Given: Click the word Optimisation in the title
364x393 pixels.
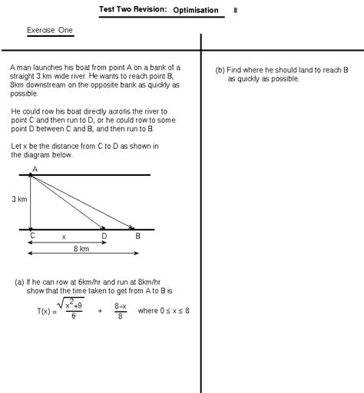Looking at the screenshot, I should tap(195, 11).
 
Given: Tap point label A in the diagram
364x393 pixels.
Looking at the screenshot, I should tap(34, 169).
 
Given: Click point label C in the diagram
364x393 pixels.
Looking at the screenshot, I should tap(32, 236).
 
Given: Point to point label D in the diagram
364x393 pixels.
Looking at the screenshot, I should tap(104, 236).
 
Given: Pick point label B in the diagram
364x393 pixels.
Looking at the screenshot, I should tap(137, 236).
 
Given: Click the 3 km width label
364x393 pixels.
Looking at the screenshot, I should tap(20, 199).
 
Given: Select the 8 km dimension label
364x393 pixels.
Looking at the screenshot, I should tap(81, 249).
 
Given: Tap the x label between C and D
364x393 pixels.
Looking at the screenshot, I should tap(64, 237).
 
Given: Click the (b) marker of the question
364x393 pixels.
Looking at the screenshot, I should tap(220, 70).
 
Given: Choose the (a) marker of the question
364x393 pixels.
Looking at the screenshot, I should tap(20, 282).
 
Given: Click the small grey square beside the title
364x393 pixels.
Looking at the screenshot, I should tap(235, 11).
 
